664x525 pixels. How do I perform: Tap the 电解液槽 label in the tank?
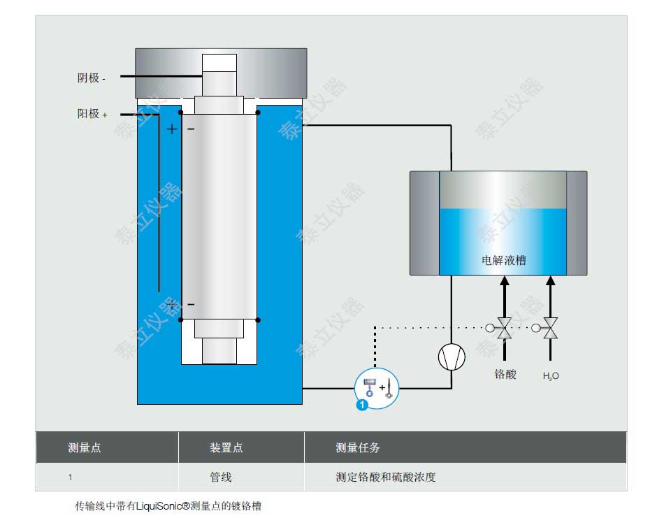click(504, 261)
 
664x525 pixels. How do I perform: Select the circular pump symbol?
click(452, 357)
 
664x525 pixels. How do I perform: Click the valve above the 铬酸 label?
click(505, 327)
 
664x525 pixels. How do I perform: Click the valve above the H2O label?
click(550, 327)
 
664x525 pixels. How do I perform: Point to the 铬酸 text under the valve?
click(505, 374)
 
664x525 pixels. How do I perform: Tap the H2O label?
click(551, 376)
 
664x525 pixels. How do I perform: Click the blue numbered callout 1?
click(362, 405)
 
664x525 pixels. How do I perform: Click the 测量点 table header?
click(84, 448)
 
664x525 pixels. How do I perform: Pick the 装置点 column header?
click(226, 448)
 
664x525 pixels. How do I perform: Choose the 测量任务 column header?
click(358, 448)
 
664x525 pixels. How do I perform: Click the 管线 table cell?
click(221, 477)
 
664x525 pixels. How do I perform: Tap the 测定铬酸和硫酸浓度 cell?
click(386, 477)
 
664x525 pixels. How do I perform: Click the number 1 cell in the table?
click(70, 478)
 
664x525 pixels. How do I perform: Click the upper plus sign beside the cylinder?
click(172, 129)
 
